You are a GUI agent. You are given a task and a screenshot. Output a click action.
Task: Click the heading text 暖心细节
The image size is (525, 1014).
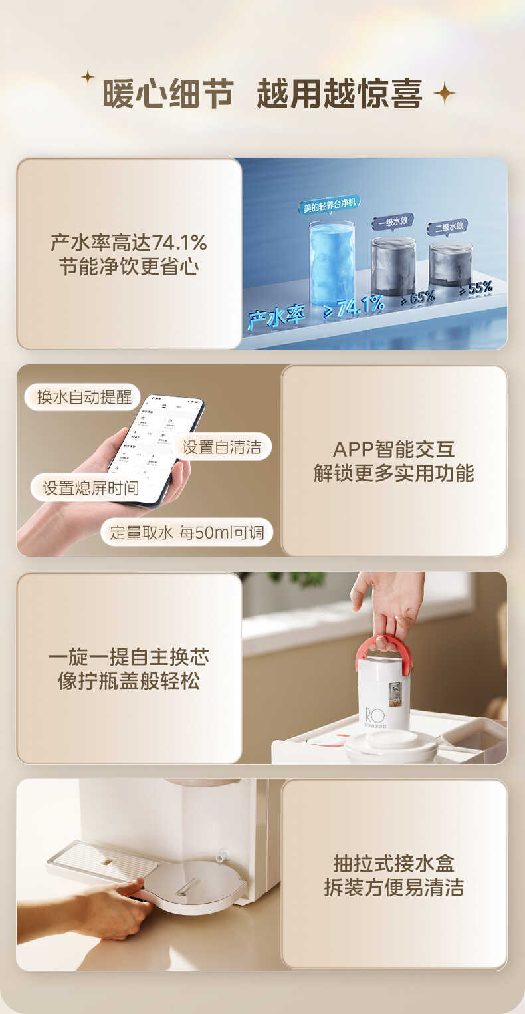click(x=168, y=94)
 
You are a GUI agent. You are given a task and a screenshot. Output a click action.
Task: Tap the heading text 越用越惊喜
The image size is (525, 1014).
click(x=340, y=94)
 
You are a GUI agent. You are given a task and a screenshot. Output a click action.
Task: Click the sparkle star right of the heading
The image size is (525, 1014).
click(x=444, y=94)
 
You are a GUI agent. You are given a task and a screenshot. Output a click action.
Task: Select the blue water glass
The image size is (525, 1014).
click(x=332, y=263)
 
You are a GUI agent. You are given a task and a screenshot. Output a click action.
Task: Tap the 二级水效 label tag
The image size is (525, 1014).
click(x=447, y=227)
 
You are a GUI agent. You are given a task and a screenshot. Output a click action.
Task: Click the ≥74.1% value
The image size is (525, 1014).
click(x=354, y=307)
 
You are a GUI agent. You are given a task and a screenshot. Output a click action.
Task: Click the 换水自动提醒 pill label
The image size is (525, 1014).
click(x=84, y=398)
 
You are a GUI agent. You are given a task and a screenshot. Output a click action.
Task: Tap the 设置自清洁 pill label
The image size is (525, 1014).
click(x=221, y=447)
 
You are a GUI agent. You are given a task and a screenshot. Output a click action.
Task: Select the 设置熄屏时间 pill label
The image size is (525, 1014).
click(x=91, y=487)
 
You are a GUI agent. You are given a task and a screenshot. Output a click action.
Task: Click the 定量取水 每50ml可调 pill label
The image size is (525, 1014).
click(x=187, y=532)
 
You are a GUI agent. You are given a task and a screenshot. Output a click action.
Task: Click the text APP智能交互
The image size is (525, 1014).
click(x=393, y=449)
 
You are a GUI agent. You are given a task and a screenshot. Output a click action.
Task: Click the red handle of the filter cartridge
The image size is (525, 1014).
click(x=383, y=649)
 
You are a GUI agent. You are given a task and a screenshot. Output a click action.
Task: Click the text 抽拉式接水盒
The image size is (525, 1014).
click(x=393, y=864)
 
